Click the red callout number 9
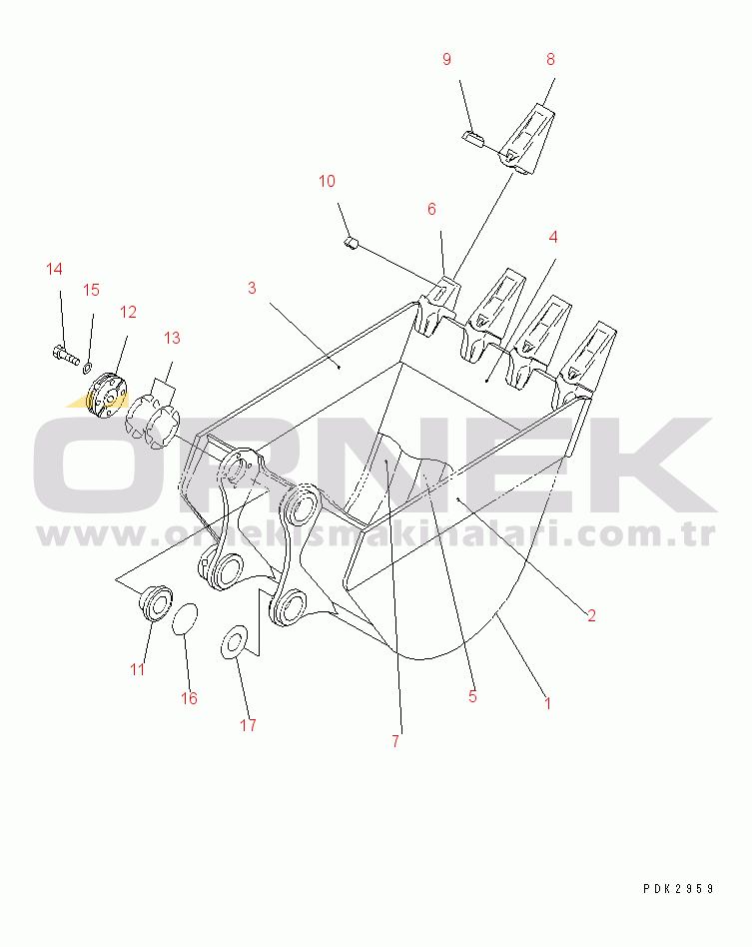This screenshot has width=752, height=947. pyautogui.click(x=446, y=59)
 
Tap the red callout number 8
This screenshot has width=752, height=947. pyautogui.click(x=550, y=59)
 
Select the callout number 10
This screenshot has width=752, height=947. pyautogui.click(x=327, y=181)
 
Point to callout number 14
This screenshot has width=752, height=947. pyautogui.click(x=54, y=269)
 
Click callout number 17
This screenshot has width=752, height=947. pyautogui.click(x=249, y=725)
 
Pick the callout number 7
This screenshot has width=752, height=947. pyautogui.click(x=395, y=741)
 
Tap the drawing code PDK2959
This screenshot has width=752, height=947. pyautogui.click(x=678, y=888)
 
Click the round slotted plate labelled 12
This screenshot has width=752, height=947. pyautogui.click(x=107, y=396)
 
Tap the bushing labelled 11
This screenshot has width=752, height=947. pyautogui.click(x=155, y=602)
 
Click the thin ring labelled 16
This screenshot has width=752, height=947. pyautogui.click(x=185, y=618)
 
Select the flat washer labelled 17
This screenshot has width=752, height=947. pyautogui.click(x=234, y=641)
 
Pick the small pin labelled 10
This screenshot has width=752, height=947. pyautogui.click(x=351, y=244)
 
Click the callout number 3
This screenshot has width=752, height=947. pyautogui.click(x=252, y=288)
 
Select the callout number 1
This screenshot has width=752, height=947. pyautogui.click(x=547, y=703)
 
